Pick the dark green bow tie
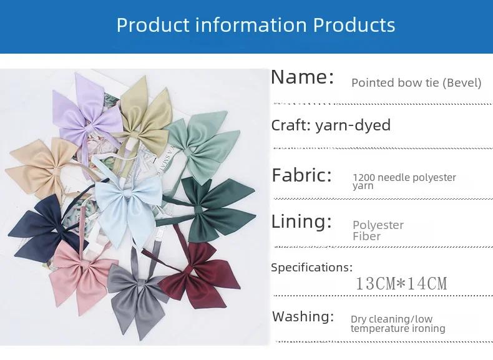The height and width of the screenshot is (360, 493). coord(211,208)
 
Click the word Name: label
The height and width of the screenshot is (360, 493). coord(302,77)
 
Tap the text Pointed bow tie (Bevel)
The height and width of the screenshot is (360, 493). coord(416,83)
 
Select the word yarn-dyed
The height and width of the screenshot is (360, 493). coord(353,125)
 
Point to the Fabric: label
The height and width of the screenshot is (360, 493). coord(302,175)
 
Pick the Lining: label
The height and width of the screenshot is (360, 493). coord(301,221)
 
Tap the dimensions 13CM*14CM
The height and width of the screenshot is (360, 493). coord(401,283)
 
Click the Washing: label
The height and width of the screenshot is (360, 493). coord(303,316)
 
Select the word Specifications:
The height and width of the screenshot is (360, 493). coord(312,268)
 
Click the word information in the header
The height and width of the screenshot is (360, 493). coord(251,24)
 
